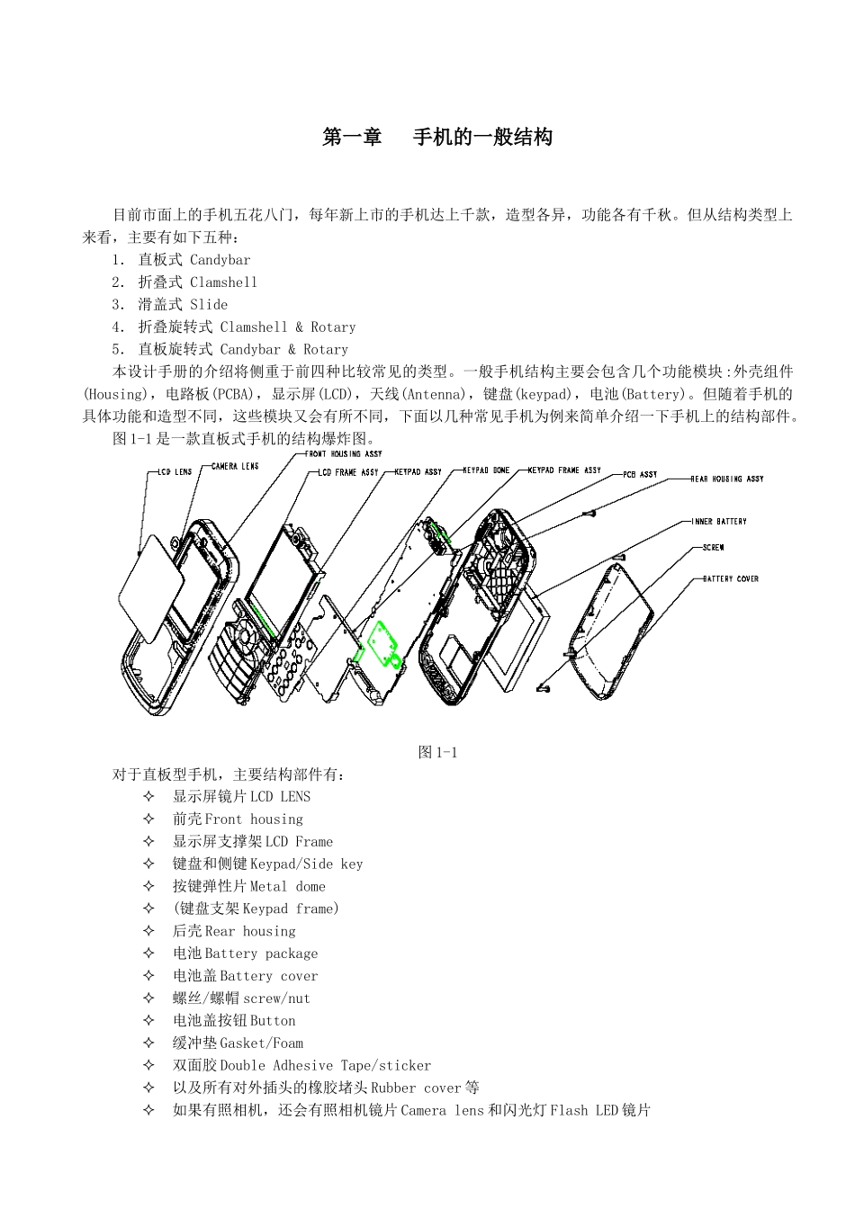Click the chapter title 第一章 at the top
click(353, 138)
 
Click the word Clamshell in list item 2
click(223, 282)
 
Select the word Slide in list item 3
click(209, 305)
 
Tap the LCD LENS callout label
click(175, 472)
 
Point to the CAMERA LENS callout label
click(235, 466)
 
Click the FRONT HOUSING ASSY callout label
click(345, 454)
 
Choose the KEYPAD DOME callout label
click(486, 470)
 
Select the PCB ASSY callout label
click(640, 474)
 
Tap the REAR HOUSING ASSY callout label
click(726, 479)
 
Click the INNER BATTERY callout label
click(719, 522)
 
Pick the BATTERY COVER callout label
click(730, 579)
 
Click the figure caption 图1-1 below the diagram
click(438, 753)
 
